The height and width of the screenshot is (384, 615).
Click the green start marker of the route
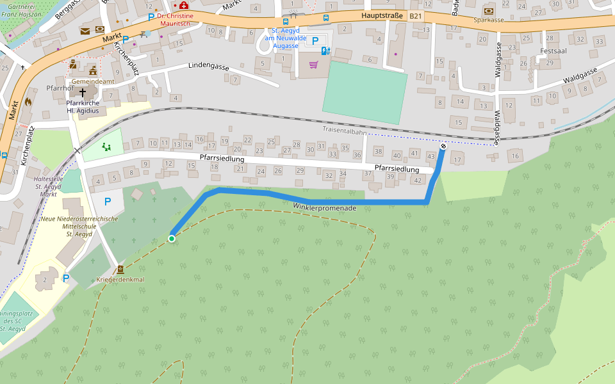click(172, 239)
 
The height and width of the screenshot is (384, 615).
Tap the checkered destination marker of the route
click(443, 147)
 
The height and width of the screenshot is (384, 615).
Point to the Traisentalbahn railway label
click(345, 131)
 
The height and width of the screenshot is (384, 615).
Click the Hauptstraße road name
click(382, 14)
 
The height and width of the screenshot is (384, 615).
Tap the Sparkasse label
click(489, 20)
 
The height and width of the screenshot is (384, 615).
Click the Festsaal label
click(554, 51)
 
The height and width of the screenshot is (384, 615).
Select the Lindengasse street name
click(209, 66)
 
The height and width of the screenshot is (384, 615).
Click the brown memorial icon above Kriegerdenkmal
click(120, 269)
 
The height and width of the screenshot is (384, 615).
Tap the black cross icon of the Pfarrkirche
click(83, 93)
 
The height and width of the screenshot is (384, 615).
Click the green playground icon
click(106, 147)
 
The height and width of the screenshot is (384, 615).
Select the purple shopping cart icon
click(313, 65)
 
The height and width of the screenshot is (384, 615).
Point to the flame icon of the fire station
click(28, 101)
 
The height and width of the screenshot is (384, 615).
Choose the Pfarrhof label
click(60, 88)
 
